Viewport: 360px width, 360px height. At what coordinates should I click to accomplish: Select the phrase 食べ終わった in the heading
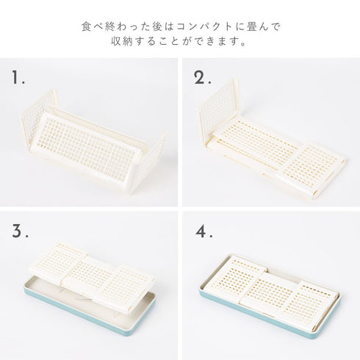[109, 26]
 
